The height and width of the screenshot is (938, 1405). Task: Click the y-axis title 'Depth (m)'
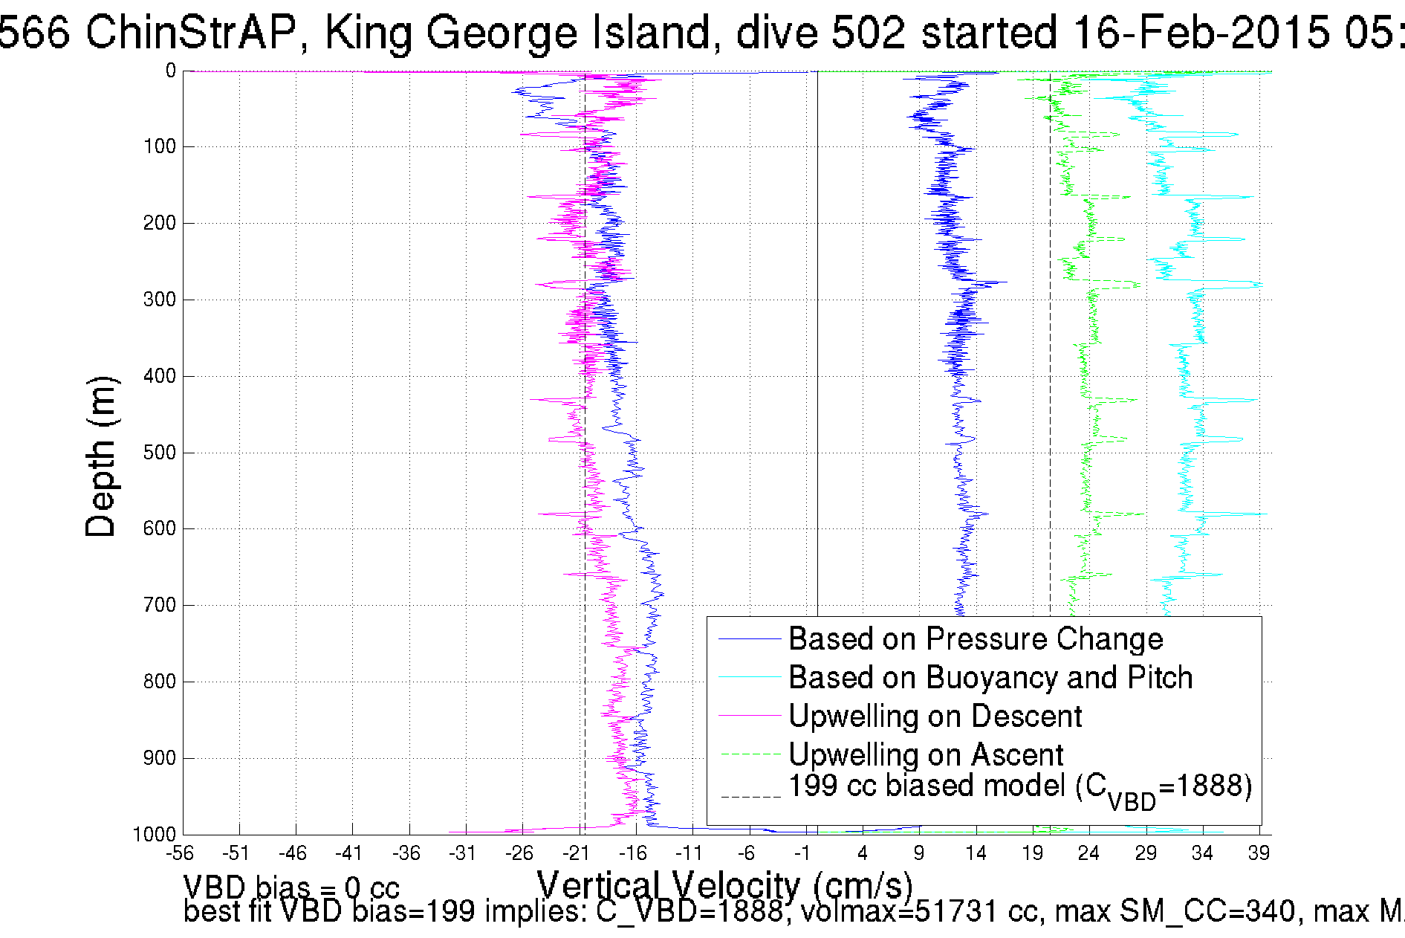click(101, 456)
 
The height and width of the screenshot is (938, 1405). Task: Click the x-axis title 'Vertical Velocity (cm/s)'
click(724, 885)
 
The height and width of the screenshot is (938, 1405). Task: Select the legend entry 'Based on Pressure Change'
click(975, 639)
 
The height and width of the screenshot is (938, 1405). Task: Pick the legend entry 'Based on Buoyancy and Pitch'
click(990, 678)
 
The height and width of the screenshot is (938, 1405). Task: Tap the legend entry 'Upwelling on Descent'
click(934, 717)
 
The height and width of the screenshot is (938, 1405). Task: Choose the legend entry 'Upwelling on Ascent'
click(925, 755)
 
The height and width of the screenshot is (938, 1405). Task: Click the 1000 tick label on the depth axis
click(155, 834)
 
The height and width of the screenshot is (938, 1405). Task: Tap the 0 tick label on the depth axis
click(170, 71)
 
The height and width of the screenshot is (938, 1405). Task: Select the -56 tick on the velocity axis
click(181, 853)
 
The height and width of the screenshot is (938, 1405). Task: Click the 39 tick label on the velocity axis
click(1259, 853)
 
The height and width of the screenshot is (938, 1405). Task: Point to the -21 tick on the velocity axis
click(576, 853)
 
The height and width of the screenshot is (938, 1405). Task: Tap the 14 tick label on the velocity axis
click(976, 853)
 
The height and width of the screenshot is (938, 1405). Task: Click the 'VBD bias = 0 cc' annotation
click(291, 887)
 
